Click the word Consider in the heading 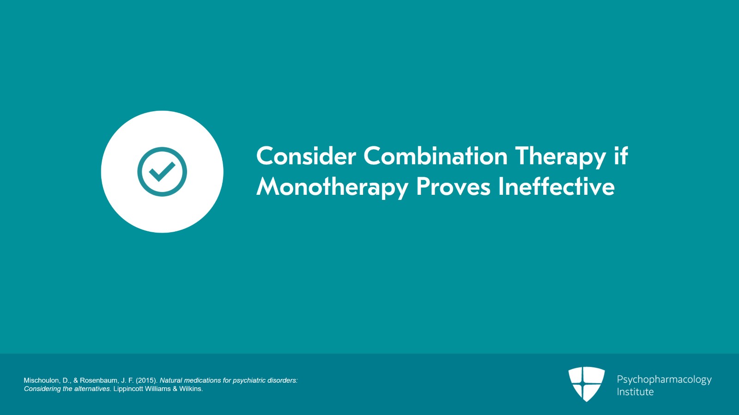(306, 156)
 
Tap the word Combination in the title (436, 156)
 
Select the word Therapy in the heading (560, 157)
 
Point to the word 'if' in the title (621, 156)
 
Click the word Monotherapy (333, 188)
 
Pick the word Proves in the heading (453, 186)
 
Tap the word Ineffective (557, 186)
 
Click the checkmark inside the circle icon (162, 171)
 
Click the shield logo (587, 384)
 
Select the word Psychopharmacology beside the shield (664, 380)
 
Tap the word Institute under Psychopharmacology (635, 392)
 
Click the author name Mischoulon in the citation (41, 380)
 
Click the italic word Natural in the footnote (171, 380)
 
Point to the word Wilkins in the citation (191, 389)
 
